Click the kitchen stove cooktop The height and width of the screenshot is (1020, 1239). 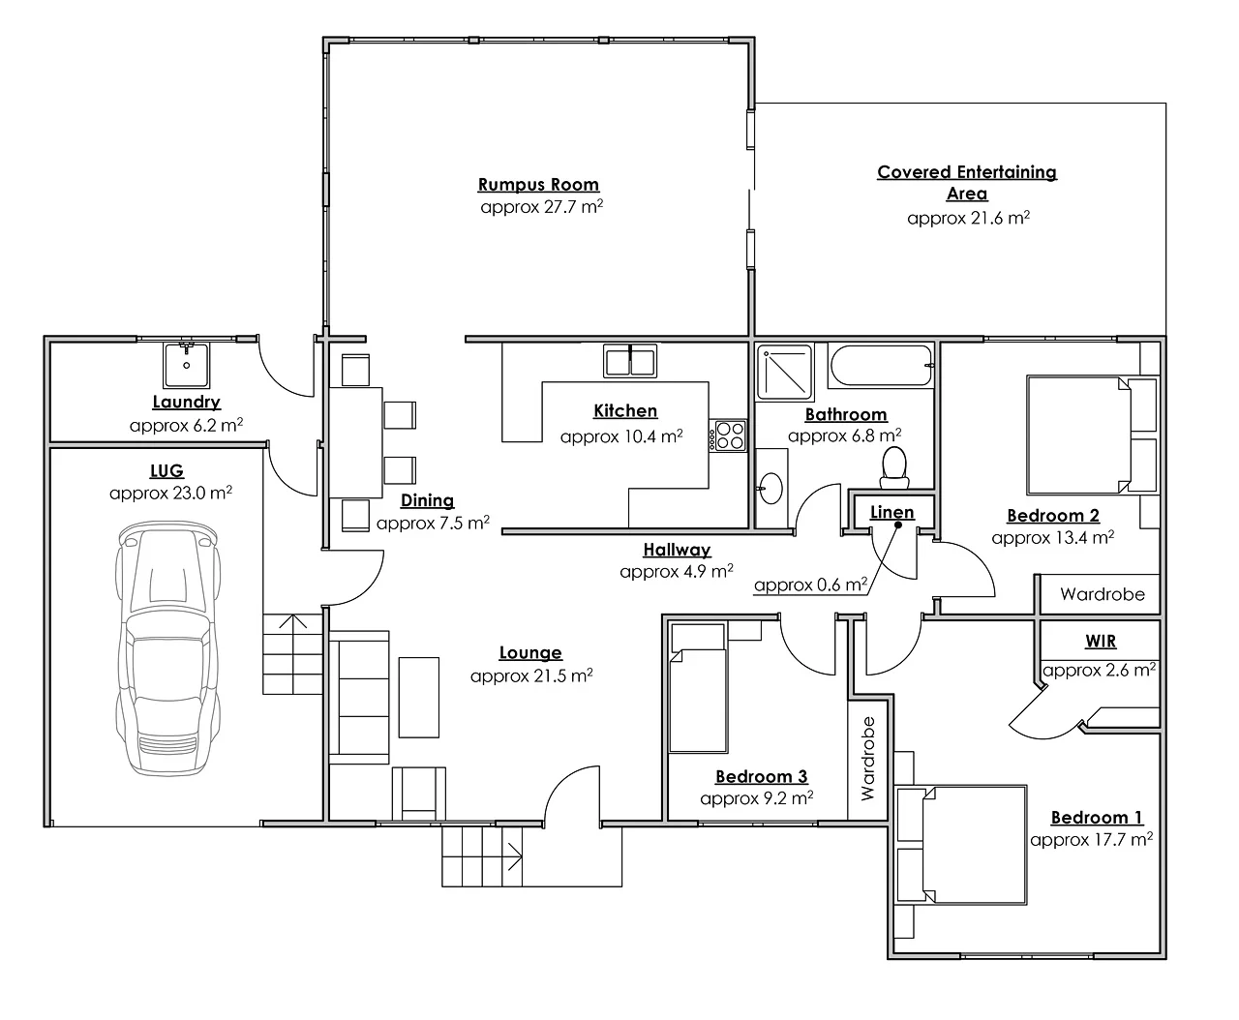pos(729,435)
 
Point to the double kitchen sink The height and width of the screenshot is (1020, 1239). pos(630,361)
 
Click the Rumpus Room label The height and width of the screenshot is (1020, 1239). pos(538,185)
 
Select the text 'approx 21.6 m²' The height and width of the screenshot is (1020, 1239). pos(968,218)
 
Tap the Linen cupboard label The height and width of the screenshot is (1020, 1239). pos(891,512)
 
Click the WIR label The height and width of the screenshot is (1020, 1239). pos(1102,642)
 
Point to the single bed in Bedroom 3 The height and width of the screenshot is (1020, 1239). pos(698,689)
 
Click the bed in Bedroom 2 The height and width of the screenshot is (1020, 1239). pos(1078,435)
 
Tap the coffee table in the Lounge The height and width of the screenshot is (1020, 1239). pos(418,697)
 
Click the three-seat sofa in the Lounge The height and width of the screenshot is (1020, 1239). pos(359,696)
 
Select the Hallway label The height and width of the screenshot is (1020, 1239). pos(677,550)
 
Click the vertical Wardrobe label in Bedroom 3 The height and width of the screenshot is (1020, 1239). pos(867,759)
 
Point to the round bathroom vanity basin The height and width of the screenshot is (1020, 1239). pos(771,489)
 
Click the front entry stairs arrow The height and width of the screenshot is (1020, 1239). pos(512,856)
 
